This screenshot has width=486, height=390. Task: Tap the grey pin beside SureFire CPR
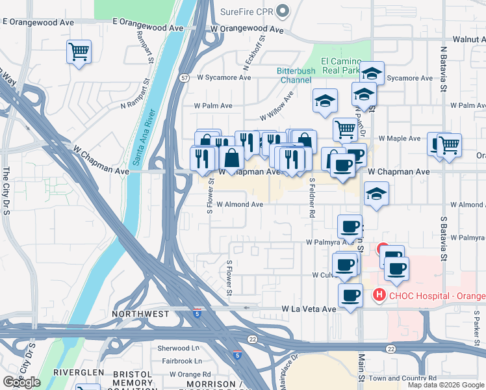pyautogui.click(x=282, y=11)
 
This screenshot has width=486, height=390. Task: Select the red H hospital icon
pyautogui.click(x=379, y=296)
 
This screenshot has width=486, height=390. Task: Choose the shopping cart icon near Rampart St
pyautogui.click(x=79, y=51)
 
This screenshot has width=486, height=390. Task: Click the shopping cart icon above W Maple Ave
pyautogui.click(x=345, y=129)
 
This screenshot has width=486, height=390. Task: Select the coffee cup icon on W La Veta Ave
pyautogui.click(x=351, y=296)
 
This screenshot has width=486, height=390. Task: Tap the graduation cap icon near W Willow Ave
pyautogui.click(x=325, y=100)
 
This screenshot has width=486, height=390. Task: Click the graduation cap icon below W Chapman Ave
pyautogui.click(x=376, y=194)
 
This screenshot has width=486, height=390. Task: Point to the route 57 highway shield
pyautogui.click(x=185, y=78)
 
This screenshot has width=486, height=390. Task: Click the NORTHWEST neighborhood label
pyautogui.click(x=140, y=314)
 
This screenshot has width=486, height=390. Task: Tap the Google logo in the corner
pyautogui.click(x=21, y=382)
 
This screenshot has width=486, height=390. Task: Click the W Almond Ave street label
pyautogui.click(x=240, y=204)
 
